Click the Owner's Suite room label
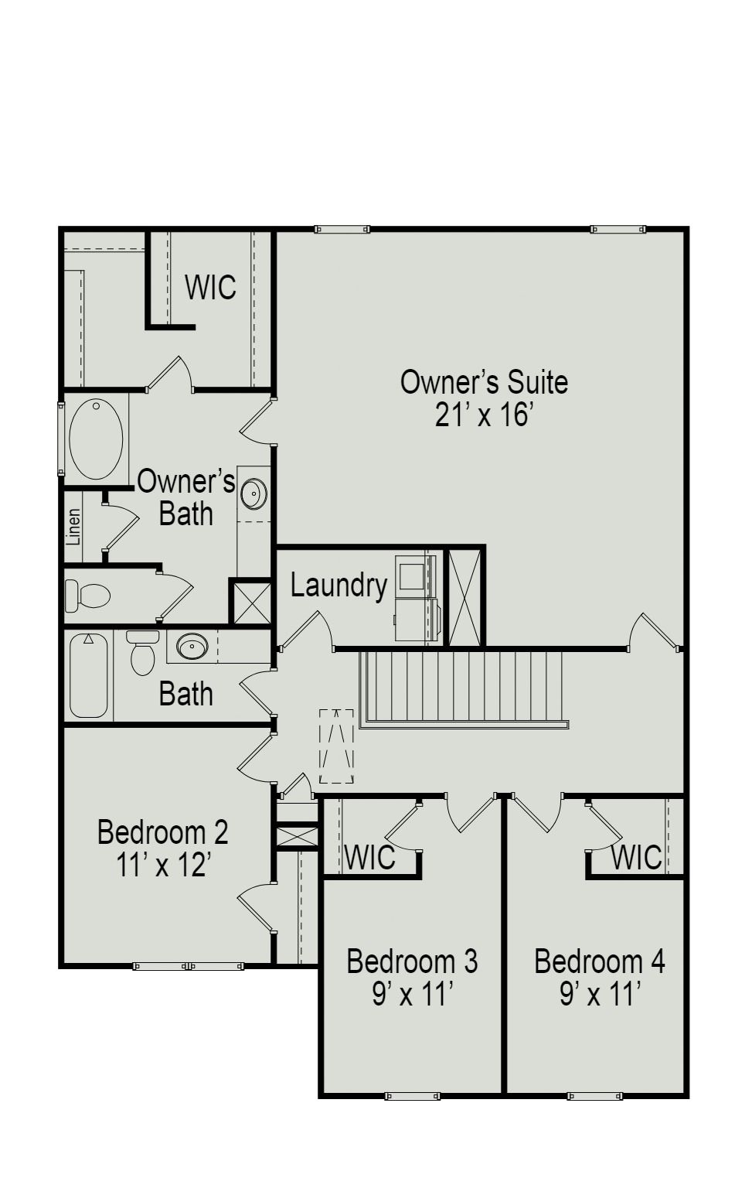(484, 382)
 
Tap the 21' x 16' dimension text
(484, 415)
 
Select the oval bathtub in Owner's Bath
(96, 439)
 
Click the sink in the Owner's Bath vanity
(254, 493)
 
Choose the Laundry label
(339, 586)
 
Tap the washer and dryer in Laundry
(417, 598)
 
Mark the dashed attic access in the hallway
(337, 746)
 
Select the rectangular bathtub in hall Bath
(88, 676)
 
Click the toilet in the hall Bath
(142, 654)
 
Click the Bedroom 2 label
(163, 832)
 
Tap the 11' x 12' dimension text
(163, 865)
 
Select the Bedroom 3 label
(412, 961)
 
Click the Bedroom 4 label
(599, 961)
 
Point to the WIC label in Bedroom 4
(636, 857)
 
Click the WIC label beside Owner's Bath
(210, 287)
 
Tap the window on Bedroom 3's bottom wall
(412, 1096)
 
